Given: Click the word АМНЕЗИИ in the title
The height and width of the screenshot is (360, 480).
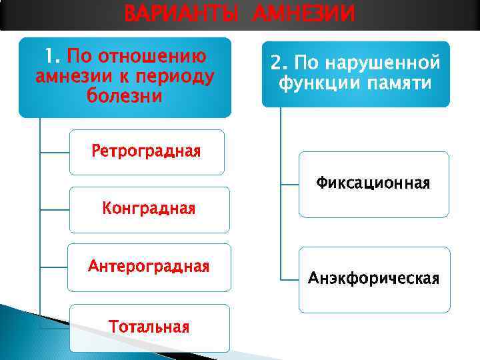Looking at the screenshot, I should pos(303,13).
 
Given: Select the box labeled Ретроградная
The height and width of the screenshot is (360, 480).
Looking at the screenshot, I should pos(147,151).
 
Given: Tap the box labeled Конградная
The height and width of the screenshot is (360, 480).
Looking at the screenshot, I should pos(149,209).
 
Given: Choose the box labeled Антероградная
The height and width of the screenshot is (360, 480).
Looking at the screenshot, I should pos(149,267).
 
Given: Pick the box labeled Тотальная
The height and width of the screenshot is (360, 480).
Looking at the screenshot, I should pos(149,327).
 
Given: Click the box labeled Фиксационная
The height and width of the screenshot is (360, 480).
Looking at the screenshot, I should pos(373,183).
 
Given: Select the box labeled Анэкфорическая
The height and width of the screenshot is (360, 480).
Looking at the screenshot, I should pos(373,279).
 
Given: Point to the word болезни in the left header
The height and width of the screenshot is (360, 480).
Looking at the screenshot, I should pos(125,95).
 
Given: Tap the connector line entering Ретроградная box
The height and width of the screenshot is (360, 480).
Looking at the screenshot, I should pos(55,152).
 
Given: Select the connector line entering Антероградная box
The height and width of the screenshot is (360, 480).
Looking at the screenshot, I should pos(55,267).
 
